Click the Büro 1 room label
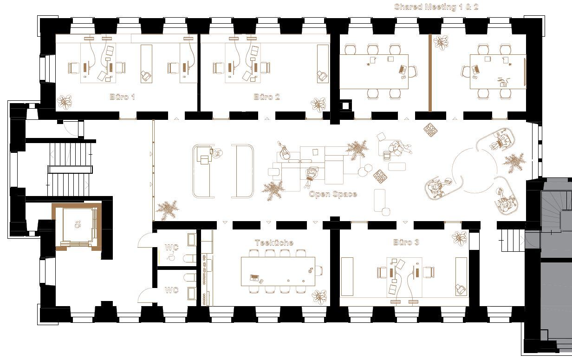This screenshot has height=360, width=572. tap(122, 97)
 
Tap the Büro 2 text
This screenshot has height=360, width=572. tap(266, 97)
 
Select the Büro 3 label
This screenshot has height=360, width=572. tap(406, 242)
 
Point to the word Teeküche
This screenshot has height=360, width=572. tap(274, 243)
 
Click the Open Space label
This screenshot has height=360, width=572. tap(333, 194)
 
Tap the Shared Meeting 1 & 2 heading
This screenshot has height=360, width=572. tap(436, 7)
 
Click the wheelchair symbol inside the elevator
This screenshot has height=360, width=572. tap(78, 224)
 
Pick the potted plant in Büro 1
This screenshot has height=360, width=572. tap(64, 102)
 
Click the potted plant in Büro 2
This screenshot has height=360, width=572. tap(318, 105)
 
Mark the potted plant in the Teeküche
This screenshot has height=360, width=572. tap(319, 297)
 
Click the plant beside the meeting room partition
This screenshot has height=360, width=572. tap(441, 42)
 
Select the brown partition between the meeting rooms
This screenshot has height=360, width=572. tap(430, 73)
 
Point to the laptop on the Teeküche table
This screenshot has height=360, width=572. tap(254, 277)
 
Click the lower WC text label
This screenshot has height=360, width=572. tap(172, 290)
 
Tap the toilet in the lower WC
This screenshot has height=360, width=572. tap(190, 278)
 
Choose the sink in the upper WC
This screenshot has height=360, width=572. tap(192, 240)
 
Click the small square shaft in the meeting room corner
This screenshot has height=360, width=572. tap(345, 105)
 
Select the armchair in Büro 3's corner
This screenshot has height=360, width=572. tap(461, 289)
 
